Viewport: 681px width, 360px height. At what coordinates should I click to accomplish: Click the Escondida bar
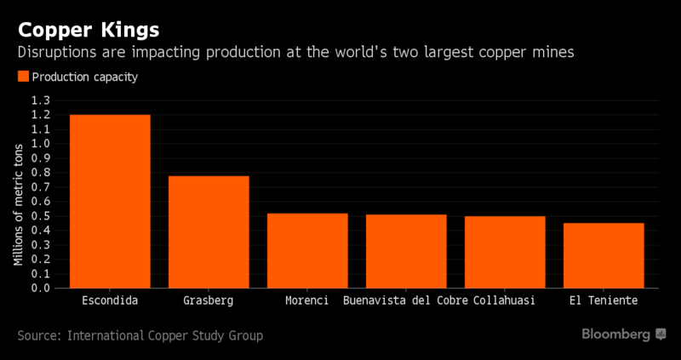(110, 202)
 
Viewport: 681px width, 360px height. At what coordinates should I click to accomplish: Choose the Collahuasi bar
(505, 252)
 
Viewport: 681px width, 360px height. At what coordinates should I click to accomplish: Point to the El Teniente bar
(604, 255)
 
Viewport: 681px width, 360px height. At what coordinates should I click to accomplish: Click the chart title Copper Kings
(88, 31)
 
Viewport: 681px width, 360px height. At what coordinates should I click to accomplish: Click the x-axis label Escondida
(110, 301)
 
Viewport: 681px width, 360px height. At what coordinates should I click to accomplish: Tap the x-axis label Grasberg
(209, 301)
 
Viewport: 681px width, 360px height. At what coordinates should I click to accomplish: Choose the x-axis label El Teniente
(604, 301)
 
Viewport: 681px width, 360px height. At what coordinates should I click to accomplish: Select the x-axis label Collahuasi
(505, 301)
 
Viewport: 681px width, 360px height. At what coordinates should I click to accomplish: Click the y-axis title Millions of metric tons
(17, 194)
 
